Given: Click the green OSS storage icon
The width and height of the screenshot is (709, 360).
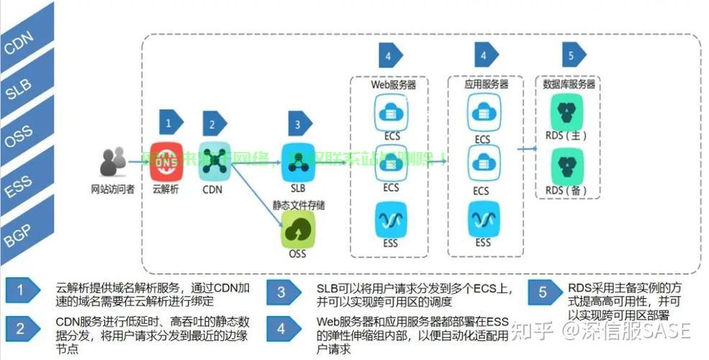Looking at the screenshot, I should pos(297,231).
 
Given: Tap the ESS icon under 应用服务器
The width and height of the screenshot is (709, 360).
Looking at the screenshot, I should pos(482,217).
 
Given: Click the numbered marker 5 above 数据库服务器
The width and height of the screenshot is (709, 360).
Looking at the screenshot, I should pos(572,55).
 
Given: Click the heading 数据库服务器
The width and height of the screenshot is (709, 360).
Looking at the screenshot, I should pos(569,84).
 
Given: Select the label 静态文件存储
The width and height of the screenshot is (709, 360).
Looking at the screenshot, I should pos(298,205).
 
